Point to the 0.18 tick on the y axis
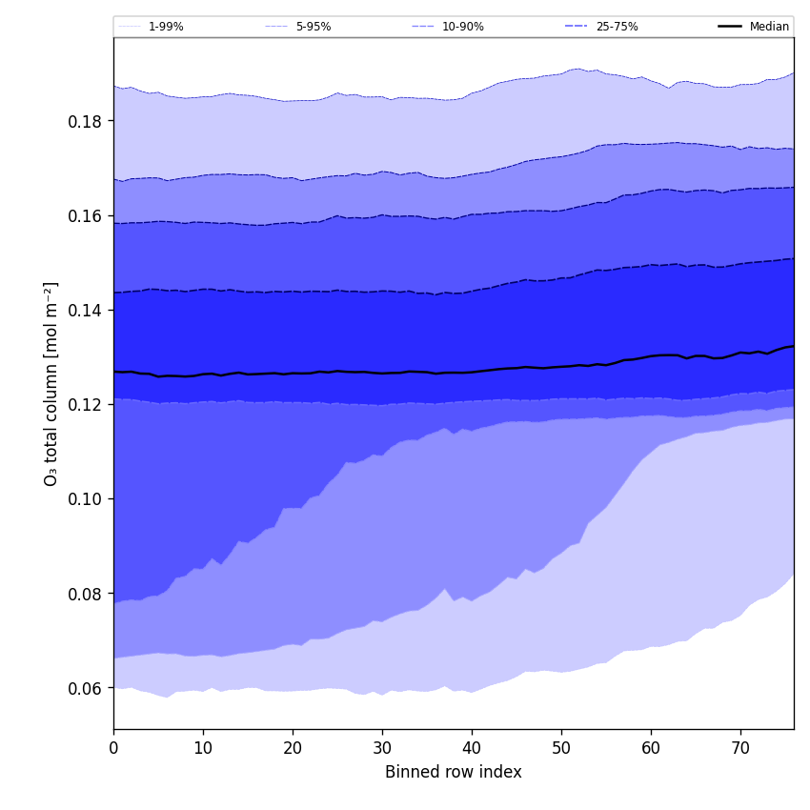coord(87,121)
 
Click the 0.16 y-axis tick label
coord(87,215)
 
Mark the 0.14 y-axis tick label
coord(87,310)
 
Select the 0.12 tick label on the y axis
coord(87,404)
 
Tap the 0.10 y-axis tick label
coord(87,498)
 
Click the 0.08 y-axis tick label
coord(87,594)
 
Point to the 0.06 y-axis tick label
coord(87,688)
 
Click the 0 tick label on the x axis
coord(113,749)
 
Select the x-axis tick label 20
coord(293,749)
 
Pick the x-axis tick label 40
coord(472,749)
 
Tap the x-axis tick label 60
coord(651,749)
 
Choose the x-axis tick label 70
coord(740,749)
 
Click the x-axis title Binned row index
coord(454,772)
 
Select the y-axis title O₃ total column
coord(51,383)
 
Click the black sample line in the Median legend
coord(731,27)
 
